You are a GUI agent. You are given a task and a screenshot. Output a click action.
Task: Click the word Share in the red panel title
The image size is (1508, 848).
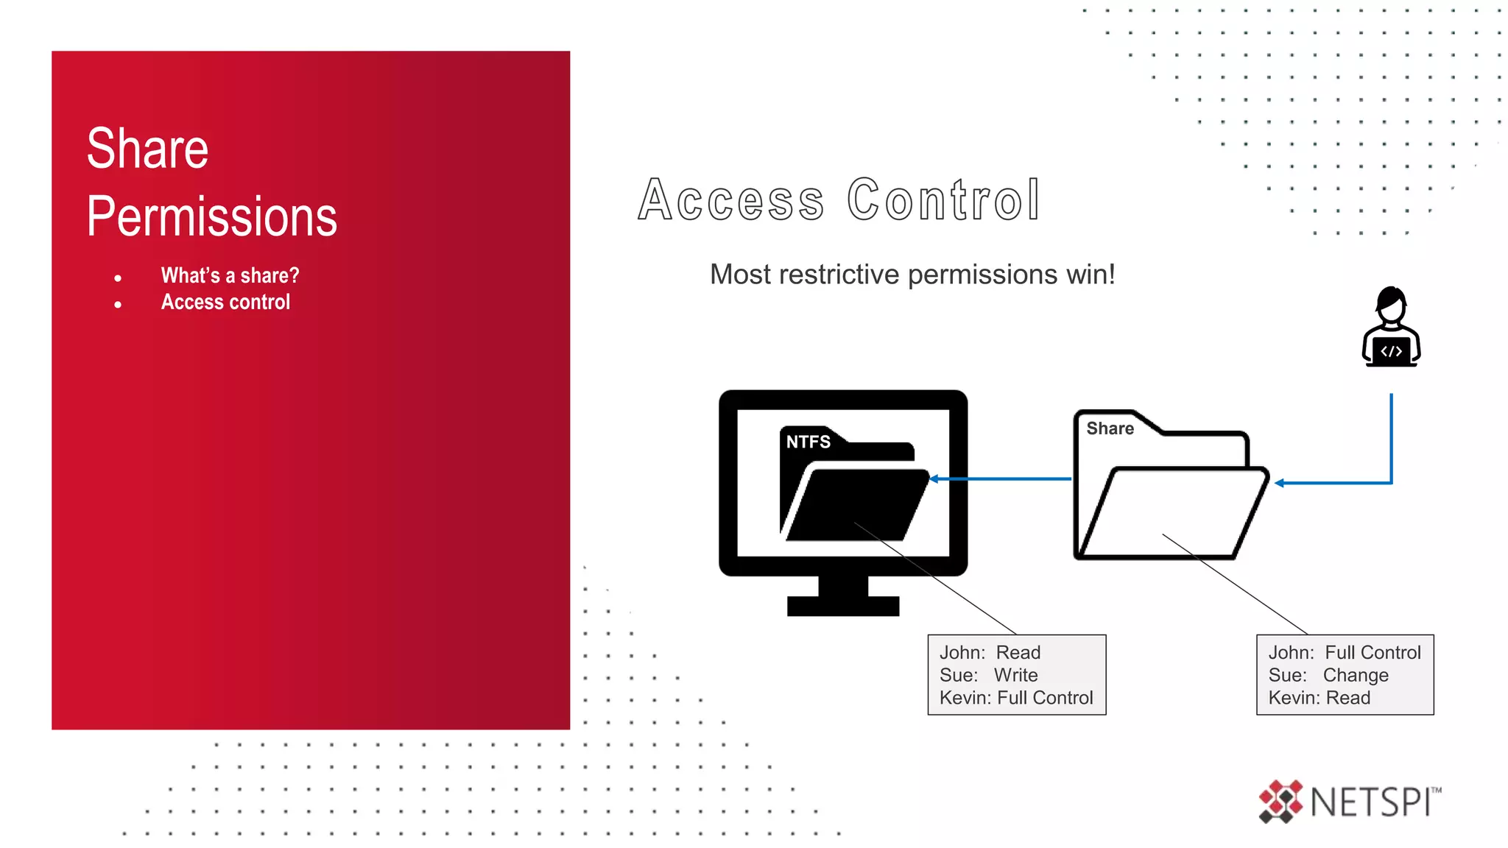pos(147,149)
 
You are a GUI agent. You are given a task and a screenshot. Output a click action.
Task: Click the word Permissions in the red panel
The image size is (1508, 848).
pos(211,216)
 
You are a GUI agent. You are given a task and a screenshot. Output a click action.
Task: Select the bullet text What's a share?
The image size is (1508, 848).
pos(230,275)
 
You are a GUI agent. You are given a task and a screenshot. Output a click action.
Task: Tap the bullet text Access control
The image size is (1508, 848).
pos(225,302)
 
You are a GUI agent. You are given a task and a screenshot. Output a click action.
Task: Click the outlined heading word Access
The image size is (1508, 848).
pos(731,199)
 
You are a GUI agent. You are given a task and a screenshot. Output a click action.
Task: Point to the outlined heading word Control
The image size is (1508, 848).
pos(943,199)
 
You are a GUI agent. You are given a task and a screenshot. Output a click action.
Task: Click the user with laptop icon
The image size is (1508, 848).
pos(1391,327)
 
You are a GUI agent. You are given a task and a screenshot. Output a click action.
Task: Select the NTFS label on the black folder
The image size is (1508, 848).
pos(808,442)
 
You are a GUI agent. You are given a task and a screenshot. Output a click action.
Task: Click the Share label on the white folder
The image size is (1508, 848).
pos(1110,428)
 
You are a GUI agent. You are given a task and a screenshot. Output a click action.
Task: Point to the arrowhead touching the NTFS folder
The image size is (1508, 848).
pos(934,479)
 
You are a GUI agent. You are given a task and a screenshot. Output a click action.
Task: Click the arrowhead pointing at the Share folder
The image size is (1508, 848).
pos(1280,483)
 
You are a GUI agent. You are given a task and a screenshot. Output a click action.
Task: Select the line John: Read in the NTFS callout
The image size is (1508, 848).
pos(990,652)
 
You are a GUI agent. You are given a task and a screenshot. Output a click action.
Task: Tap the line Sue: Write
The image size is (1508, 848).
pos(988,675)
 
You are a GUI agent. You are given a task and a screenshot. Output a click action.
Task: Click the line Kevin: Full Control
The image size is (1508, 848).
pos(1016,698)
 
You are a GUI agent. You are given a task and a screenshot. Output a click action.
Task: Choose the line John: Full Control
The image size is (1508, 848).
pos(1345,652)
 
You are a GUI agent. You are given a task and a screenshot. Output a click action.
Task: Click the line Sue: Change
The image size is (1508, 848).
pos(1328,675)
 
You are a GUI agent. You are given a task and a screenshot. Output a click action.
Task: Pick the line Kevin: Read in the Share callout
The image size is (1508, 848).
pos(1319,698)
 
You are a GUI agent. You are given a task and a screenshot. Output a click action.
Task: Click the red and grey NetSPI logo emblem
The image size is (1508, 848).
pos(1280,801)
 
